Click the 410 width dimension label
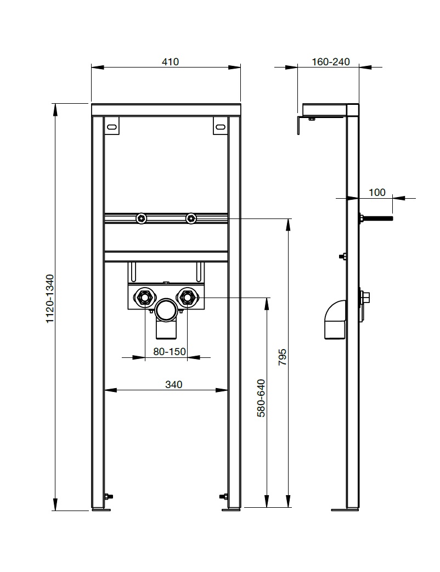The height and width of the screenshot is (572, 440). tap(170, 61)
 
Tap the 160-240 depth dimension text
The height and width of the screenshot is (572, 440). tap(331, 61)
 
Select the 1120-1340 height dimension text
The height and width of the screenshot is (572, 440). tap(50, 299)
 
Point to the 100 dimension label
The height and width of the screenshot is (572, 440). tap(377, 192)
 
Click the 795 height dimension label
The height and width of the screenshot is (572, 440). tap(283, 357)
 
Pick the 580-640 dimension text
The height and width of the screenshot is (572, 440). tap(261, 398)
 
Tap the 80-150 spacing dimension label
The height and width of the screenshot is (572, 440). tap(170, 351)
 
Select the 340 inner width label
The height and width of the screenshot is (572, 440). tap(173, 384)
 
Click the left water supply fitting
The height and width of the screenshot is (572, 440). tap(145, 298)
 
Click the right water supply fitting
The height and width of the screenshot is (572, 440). tap(187, 298)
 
